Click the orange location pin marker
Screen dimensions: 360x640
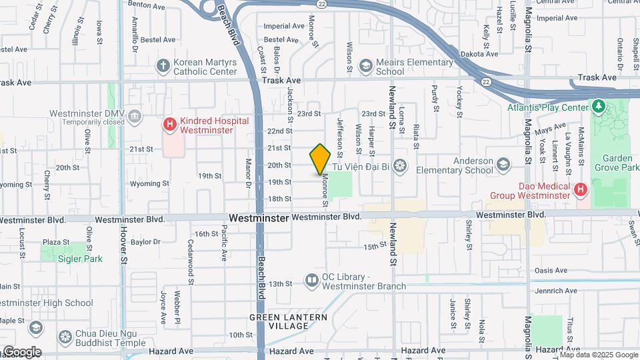(x=321, y=159)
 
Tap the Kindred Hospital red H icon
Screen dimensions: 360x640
(x=170, y=124)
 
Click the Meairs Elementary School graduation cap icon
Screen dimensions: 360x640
(x=365, y=65)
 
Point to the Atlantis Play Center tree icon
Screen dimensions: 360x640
(x=599, y=107)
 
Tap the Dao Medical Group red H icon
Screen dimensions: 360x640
(x=581, y=189)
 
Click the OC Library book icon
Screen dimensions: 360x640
(x=311, y=280)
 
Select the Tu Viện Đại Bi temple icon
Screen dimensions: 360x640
(x=399, y=165)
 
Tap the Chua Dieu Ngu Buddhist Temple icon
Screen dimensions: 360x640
(x=65, y=337)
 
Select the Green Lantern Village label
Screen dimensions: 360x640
(x=289, y=321)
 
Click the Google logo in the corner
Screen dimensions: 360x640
(x=21, y=352)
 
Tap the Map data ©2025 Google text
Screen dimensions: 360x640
(x=599, y=355)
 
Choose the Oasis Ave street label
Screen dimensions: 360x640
(x=551, y=271)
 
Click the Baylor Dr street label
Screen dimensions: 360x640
(x=145, y=242)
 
